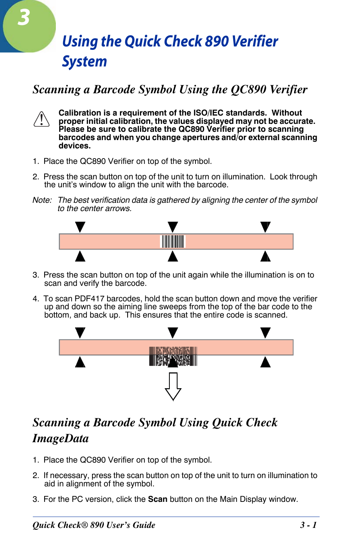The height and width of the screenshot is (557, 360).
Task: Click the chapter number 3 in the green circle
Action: (x=24, y=18)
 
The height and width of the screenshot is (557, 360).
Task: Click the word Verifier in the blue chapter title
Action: (x=255, y=41)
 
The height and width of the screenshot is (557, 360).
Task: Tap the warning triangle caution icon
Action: (x=42, y=119)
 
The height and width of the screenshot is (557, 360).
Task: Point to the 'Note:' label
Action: (x=42, y=200)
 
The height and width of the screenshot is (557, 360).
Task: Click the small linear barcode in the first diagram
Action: (x=173, y=241)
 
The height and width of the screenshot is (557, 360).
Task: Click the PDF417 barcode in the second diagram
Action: (x=173, y=356)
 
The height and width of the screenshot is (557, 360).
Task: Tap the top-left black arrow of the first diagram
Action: (x=80, y=227)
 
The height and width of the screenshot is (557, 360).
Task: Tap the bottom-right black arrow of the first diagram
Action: (x=266, y=256)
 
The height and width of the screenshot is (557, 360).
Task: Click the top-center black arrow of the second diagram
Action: (x=173, y=332)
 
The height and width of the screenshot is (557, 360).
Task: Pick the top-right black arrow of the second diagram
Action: (x=266, y=332)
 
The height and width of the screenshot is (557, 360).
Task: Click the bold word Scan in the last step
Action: (x=157, y=499)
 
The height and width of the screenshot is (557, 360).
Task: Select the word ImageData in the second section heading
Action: (x=60, y=438)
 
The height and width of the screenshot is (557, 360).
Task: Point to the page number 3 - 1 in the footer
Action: (x=308, y=525)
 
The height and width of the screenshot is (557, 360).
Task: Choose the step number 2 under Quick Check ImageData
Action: (x=35, y=475)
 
